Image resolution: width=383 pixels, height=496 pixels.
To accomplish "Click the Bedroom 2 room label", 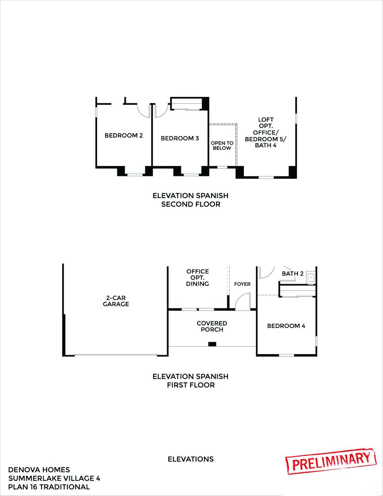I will [124, 136].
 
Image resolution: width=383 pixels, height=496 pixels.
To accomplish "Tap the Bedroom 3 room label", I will [180, 138].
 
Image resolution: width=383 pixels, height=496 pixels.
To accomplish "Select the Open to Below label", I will [222, 145].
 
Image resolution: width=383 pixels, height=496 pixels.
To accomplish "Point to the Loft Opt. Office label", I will [266, 133].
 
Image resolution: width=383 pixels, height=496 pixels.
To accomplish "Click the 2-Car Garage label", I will [116, 301].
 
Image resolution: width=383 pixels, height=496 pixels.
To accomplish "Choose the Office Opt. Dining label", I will [198, 278].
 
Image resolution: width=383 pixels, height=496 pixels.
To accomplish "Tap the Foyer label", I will [242, 284].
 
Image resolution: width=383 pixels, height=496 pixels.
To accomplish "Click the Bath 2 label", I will [292, 274].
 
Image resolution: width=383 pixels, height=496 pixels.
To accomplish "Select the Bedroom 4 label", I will [286, 326].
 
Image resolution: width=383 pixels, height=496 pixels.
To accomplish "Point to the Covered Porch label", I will [212, 326].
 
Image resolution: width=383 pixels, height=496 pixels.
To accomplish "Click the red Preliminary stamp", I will [330, 461].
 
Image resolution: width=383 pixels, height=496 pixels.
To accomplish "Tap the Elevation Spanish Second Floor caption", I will [191, 200].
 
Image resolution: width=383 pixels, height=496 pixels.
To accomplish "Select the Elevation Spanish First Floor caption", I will [191, 381].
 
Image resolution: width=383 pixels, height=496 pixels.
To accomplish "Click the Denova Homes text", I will [39, 470].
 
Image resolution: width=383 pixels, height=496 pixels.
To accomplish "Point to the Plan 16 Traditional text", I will [49, 487].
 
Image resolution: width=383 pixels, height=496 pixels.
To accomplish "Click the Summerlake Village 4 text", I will [54, 478].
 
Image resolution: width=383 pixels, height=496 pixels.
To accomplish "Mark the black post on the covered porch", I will [212, 344].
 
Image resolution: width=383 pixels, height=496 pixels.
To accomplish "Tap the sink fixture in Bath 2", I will [311, 277].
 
